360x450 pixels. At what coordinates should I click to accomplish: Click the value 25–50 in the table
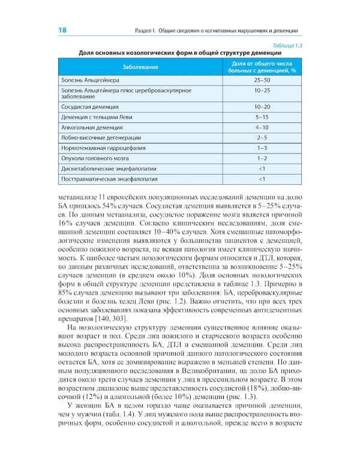coord(261,79)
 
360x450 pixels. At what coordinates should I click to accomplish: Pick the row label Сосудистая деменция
coord(90,106)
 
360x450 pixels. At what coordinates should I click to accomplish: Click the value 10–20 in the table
coord(261,106)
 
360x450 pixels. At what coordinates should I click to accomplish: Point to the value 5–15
coord(261,117)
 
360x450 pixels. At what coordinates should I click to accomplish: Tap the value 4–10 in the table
coord(261,127)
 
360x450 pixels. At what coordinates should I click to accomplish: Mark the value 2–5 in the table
coord(261,137)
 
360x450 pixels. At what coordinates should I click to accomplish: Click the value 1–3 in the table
coord(261,148)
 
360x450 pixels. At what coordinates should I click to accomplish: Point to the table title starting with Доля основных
coord(180,53)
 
